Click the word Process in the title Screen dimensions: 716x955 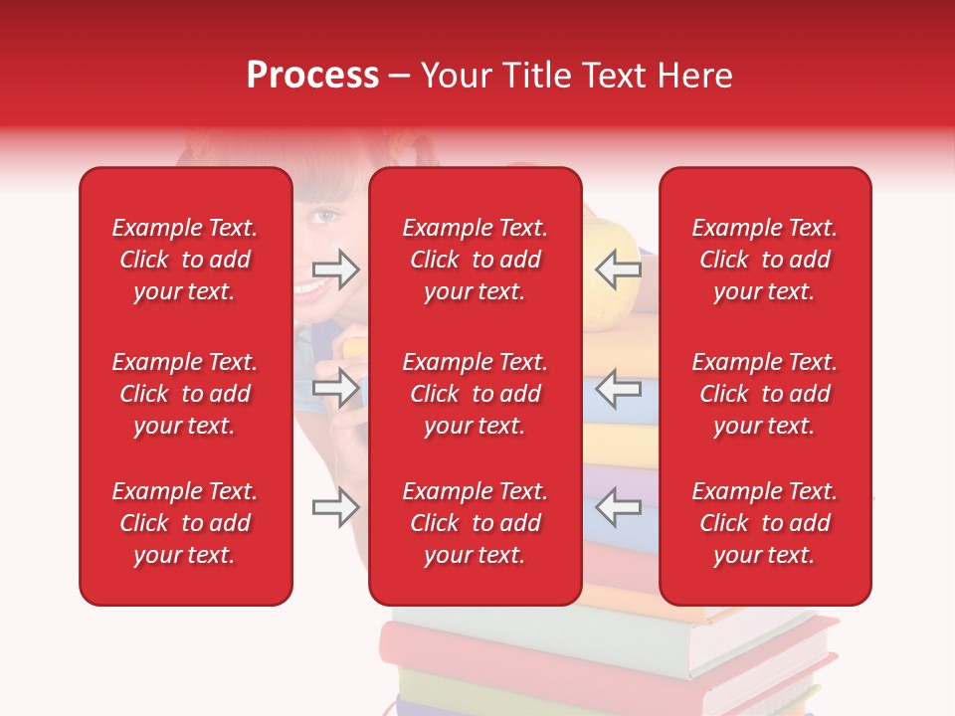coord(312,76)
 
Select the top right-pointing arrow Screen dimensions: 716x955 coord(335,269)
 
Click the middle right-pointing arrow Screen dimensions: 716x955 coord(335,388)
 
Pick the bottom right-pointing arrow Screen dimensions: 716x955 coord(335,507)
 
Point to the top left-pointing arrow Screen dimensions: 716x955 coord(618,269)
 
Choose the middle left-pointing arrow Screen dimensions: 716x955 coord(618,388)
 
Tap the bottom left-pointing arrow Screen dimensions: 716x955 coord(618,507)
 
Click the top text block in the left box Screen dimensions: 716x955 coord(185,260)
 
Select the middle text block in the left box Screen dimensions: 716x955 coord(185,394)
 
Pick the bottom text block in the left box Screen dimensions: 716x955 coord(185,523)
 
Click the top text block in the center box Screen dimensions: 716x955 coord(476,260)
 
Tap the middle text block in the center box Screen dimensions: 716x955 coord(476,394)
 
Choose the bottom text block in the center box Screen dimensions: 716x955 coord(476,523)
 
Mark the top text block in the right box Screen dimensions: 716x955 coord(765,260)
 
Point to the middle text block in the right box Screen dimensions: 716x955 coord(765,394)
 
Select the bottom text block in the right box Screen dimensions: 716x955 coord(765,523)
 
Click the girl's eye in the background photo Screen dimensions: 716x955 coord(325,214)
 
